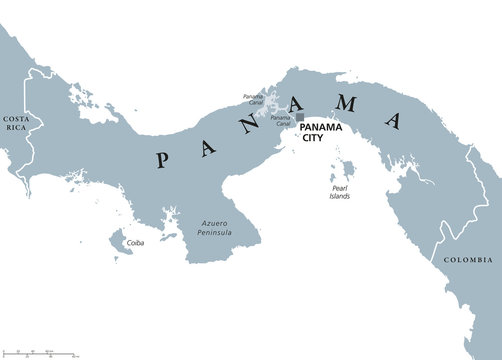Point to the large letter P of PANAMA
(x=160, y=157)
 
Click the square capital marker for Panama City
(x=299, y=117)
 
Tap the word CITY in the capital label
(x=314, y=140)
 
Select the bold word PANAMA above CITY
(x=321, y=128)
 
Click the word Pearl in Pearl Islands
(x=340, y=186)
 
